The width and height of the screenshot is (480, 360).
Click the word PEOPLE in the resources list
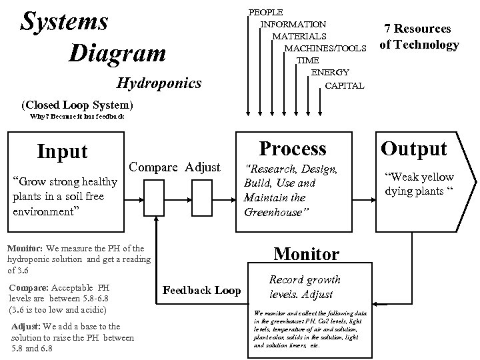click(265, 12)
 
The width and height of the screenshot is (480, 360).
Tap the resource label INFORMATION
click(293, 24)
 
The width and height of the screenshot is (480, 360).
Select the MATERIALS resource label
click(299, 36)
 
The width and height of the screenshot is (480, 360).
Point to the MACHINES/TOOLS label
click(325, 49)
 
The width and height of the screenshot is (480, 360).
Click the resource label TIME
click(308, 61)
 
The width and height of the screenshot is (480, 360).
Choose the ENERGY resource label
click(330, 73)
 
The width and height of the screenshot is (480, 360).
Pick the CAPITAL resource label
click(345, 85)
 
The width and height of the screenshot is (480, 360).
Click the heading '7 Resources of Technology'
click(419, 37)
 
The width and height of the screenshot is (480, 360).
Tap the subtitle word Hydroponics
click(159, 83)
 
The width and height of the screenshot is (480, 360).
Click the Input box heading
click(63, 151)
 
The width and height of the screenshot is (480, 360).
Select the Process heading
click(293, 148)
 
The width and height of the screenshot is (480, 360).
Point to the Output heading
click(413, 148)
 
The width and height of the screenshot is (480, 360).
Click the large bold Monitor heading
click(307, 253)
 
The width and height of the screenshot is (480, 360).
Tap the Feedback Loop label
click(202, 290)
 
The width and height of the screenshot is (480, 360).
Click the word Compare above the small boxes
click(155, 167)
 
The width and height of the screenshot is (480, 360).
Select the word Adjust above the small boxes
click(203, 167)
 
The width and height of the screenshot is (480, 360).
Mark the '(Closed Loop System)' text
click(77, 105)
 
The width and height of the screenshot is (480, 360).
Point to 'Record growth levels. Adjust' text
click(305, 287)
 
